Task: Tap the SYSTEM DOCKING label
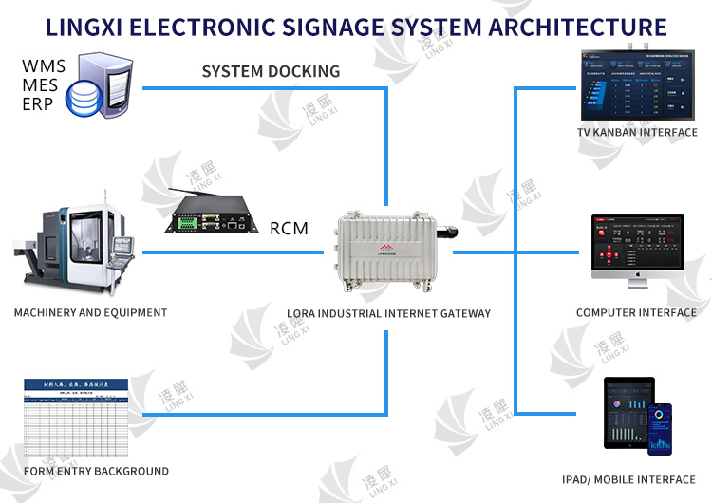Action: pyautogui.click(x=271, y=71)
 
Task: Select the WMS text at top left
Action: pyautogui.click(x=44, y=67)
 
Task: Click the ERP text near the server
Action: pyautogui.click(x=39, y=103)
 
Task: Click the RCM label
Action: pyautogui.click(x=289, y=228)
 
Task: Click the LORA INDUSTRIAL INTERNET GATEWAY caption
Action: pyautogui.click(x=389, y=312)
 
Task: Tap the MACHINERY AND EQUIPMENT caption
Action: pyautogui.click(x=91, y=312)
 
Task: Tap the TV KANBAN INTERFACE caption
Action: pyautogui.click(x=637, y=133)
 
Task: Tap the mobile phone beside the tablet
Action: pyautogui.click(x=660, y=427)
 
